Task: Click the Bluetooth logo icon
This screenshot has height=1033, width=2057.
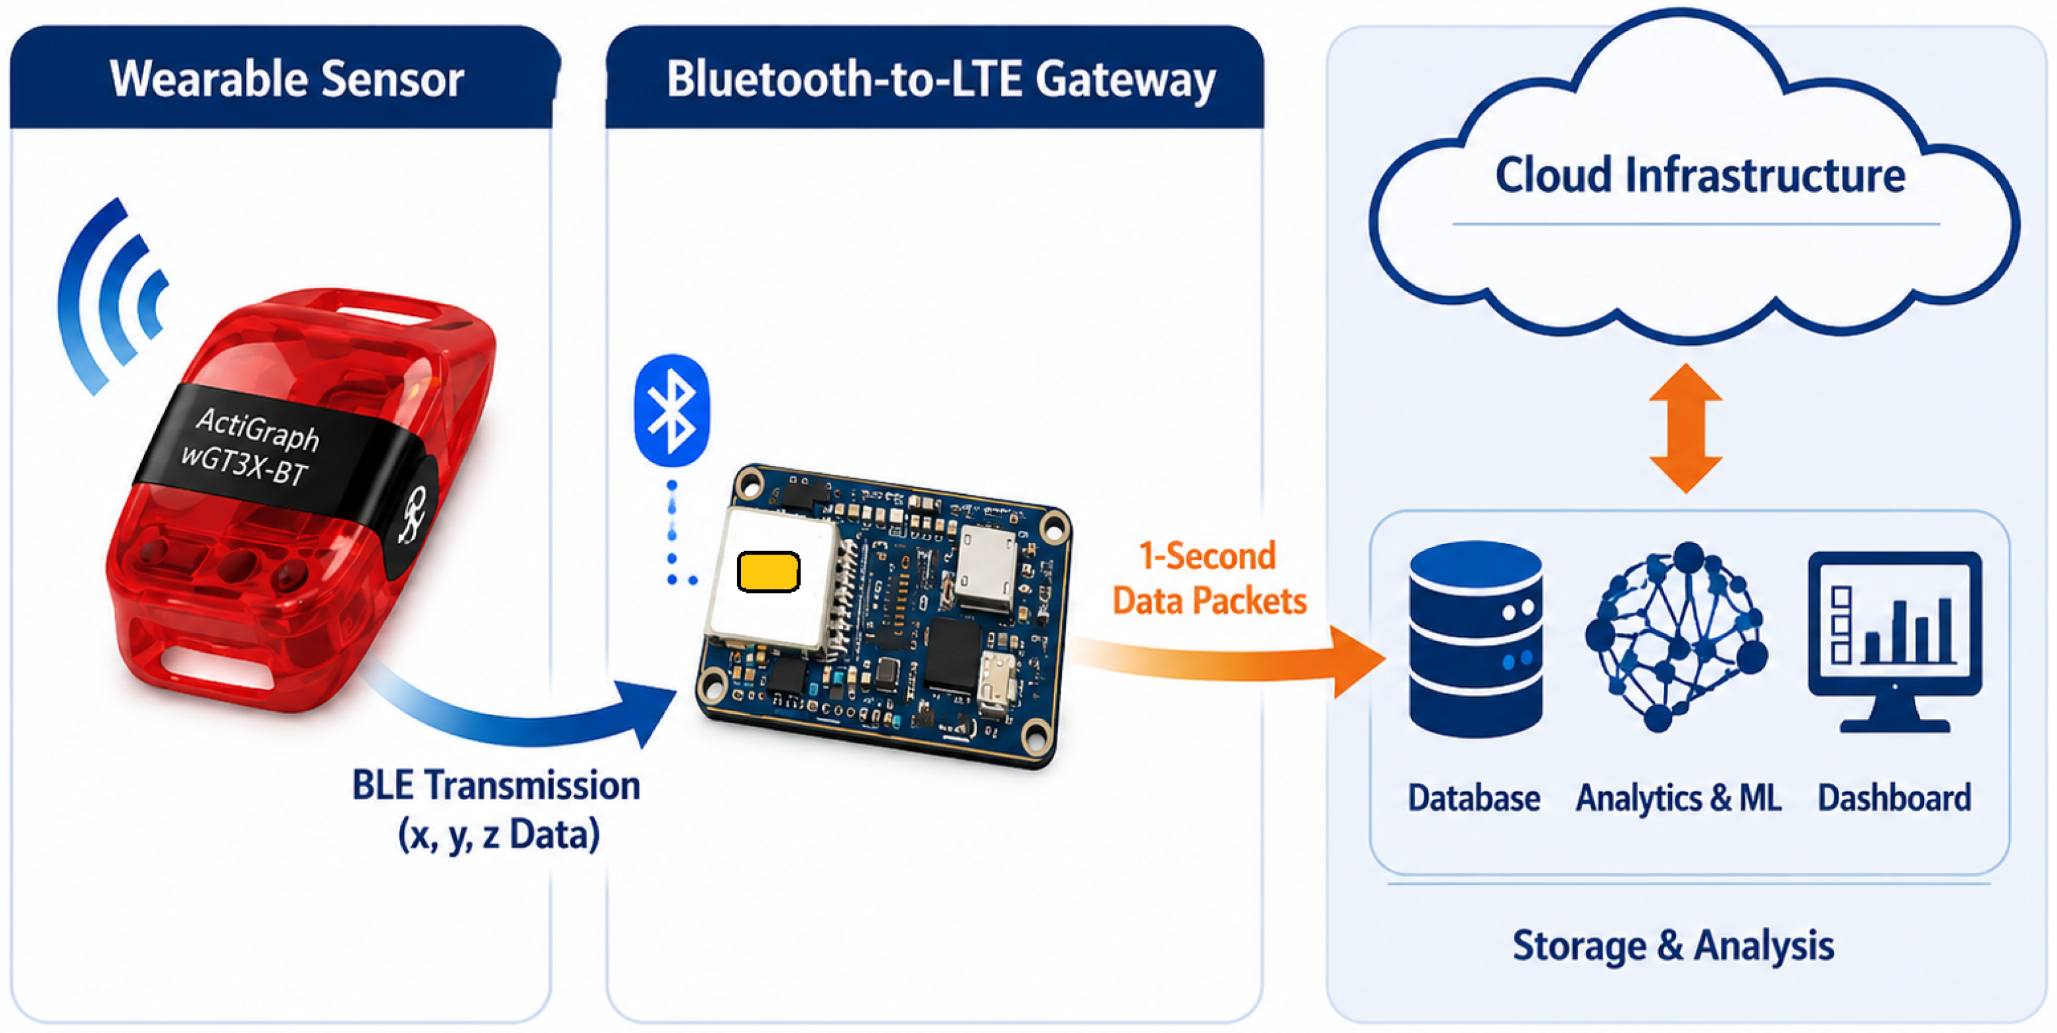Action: click(672, 411)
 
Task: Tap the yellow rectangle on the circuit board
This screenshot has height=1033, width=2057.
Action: click(768, 572)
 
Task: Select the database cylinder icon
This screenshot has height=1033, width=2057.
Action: click(1476, 639)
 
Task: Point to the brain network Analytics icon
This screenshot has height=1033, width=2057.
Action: click(1676, 637)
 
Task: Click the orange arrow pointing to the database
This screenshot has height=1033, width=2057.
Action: click(1230, 659)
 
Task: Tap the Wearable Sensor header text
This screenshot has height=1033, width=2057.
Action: click(287, 79)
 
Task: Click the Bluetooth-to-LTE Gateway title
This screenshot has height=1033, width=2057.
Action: click(941, 80)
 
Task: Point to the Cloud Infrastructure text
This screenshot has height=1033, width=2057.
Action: click(1700, 175)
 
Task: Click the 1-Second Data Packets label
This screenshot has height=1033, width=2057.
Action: click(1209, 578)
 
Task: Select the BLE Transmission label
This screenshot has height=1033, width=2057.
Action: click(497, 809)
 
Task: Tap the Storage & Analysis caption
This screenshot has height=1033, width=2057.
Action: click(1673, 946)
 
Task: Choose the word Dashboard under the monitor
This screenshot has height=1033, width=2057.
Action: click(1894, 797)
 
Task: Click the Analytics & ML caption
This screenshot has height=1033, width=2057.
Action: click(1679, 797)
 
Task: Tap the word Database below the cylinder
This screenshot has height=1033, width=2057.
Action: click(1474, 797)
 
